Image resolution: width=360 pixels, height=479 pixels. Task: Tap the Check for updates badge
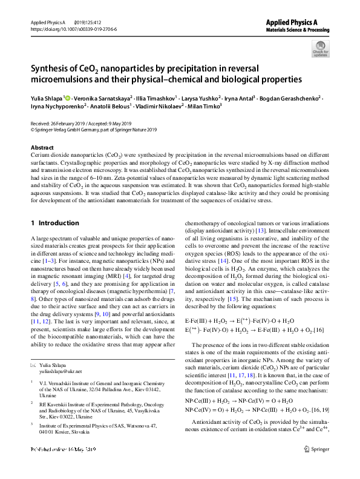point(319,48)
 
